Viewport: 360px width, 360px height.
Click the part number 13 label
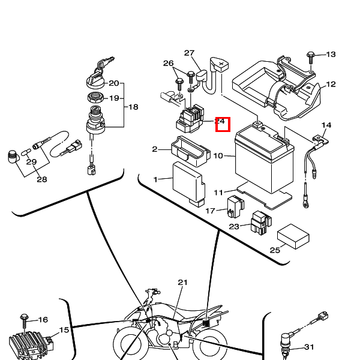[331, 55]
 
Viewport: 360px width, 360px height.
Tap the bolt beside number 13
[311, 55]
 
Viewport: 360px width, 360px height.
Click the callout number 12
[331, 85]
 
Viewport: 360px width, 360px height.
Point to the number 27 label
[190, 53]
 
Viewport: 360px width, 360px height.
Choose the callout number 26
[168, 64]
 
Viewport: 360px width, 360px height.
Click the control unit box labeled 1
[188, 182]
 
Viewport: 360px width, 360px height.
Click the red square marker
[223, 125]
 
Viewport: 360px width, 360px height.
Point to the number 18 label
[133, 107]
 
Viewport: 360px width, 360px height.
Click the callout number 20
[114, 83]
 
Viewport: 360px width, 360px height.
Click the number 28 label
[41, 179]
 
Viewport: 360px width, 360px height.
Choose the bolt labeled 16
[25, 317]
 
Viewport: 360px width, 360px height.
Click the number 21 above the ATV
[182, 282]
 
